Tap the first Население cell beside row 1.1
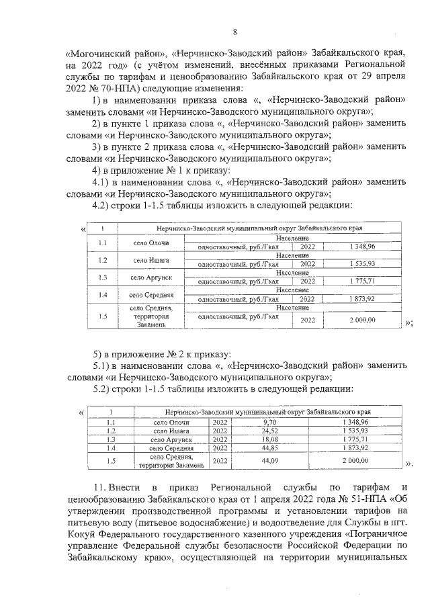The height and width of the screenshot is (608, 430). point(292,238)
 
